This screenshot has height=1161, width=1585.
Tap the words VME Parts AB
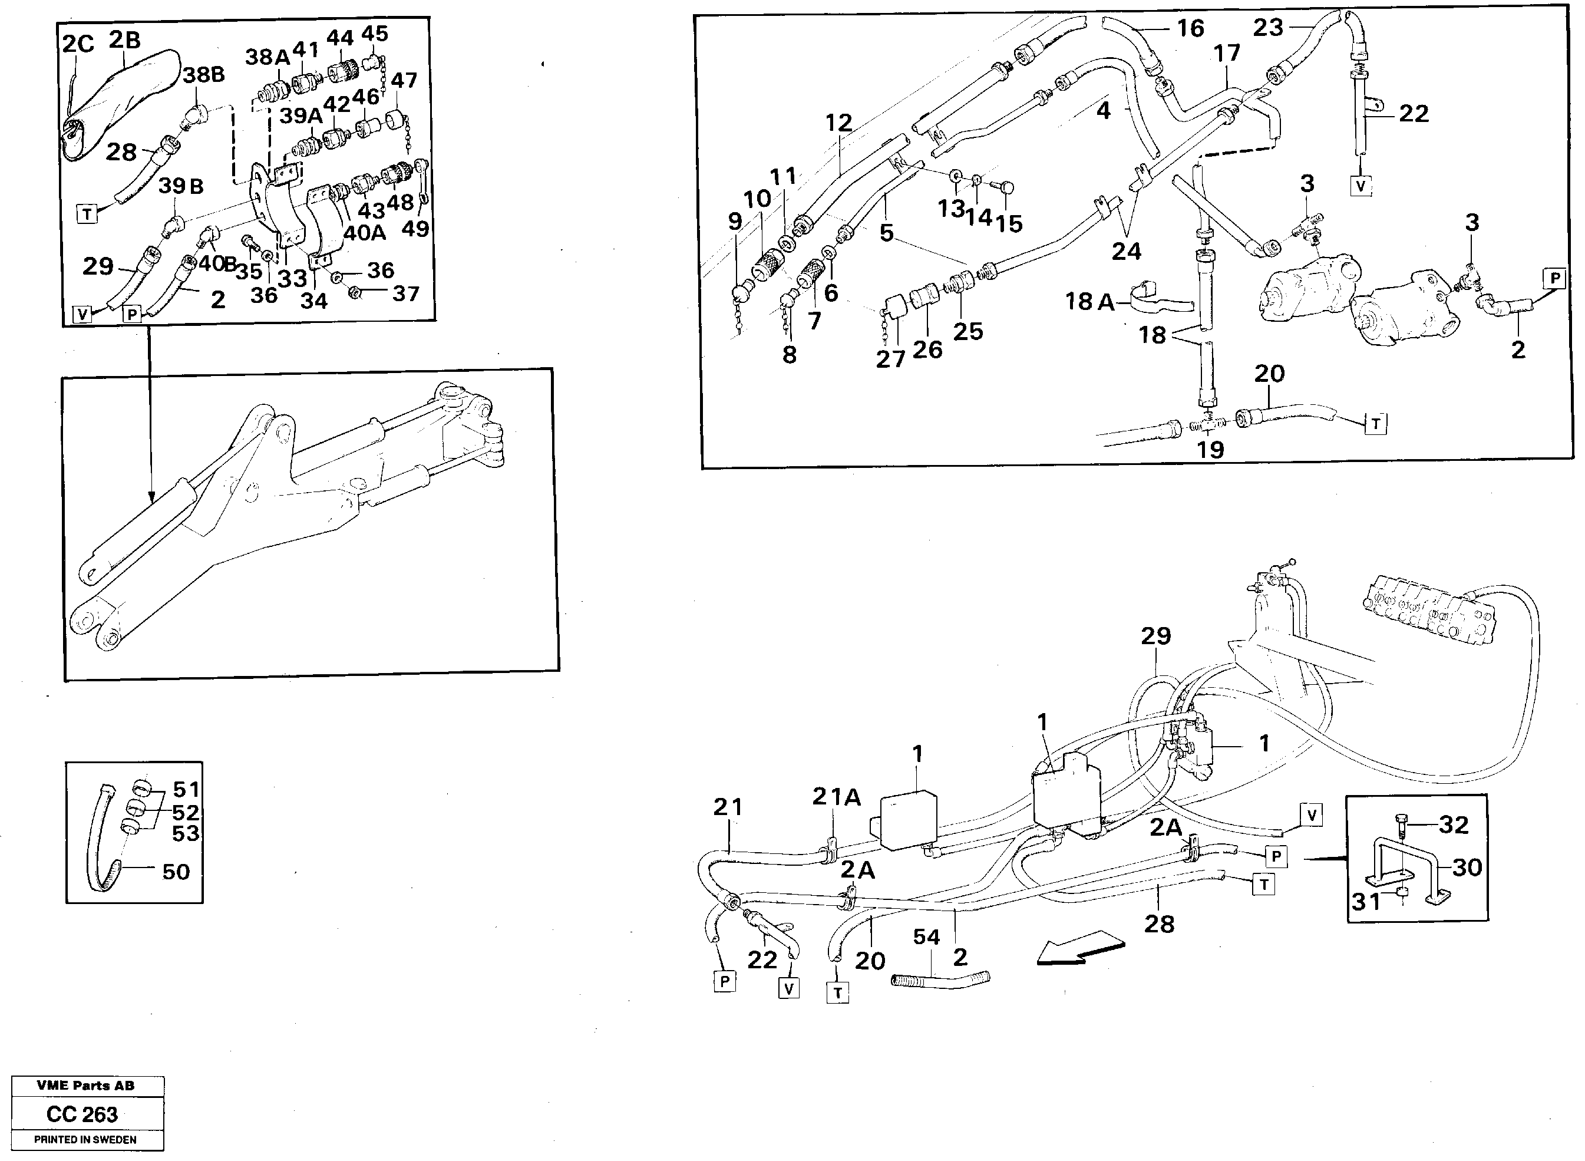tap(85, 1086)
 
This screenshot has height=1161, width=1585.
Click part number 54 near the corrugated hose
tap(926, 937)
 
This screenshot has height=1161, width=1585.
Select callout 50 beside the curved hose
tap(176, 872)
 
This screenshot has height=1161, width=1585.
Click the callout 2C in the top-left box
tap(78, 44)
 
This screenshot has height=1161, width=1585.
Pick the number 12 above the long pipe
tap(838, 123)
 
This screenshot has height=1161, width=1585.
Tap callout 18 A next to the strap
tap(1089, 302)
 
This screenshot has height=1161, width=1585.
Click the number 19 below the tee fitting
tap(1210, 450)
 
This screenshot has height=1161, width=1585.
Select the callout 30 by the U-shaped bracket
tap(1467, 868)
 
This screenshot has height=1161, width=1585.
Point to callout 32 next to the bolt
tap(1453, 824)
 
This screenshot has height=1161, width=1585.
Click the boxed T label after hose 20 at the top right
tap(1375, 424)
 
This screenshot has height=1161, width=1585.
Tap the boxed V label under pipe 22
tap(1361, 186)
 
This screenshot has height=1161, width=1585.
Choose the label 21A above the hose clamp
tap(836, 796)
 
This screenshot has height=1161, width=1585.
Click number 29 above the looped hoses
tap(1155, 636)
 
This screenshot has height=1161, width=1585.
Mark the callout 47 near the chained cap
tap(404, 80)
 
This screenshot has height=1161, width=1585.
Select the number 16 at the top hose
tap(1190, 28)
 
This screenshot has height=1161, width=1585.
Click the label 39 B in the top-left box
tap(180, 186)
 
